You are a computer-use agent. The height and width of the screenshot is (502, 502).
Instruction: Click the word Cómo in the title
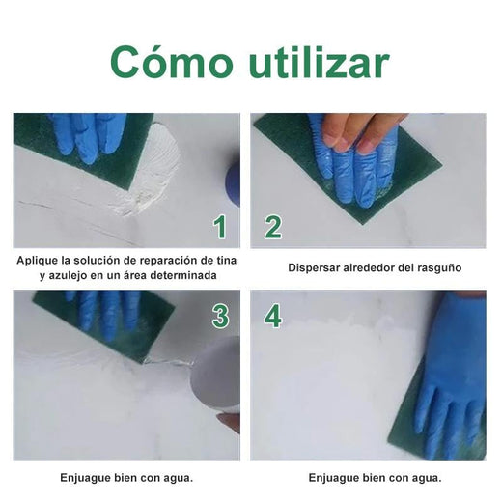171,62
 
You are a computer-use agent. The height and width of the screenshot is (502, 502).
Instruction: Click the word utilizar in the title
319,62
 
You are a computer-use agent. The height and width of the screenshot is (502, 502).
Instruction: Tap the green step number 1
220,227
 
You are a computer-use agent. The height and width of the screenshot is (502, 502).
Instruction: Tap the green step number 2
273,227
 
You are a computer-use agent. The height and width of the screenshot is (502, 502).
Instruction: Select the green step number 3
220,317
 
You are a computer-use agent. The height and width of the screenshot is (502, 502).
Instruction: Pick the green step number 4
273,317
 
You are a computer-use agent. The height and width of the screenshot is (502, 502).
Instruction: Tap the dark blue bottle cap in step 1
233,186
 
